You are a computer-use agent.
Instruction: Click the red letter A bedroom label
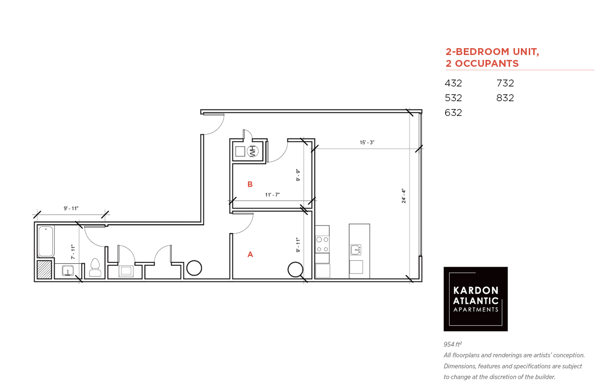tap(250, 254)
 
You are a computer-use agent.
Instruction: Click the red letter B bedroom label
tap(250, 184)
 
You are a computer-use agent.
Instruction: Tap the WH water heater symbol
tap(253, 151)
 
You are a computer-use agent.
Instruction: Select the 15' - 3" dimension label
tap(367, 142)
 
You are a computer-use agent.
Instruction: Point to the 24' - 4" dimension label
tap(404, 196)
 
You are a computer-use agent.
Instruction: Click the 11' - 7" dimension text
tap(272, 195)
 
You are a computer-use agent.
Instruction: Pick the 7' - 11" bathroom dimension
tap(73, 252)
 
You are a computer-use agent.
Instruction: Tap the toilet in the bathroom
tap(95, 267)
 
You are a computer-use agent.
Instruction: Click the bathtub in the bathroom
tap(46, 241)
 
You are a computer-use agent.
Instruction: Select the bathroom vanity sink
tap(68, 271)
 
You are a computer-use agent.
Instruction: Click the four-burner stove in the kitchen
tap(322, 244)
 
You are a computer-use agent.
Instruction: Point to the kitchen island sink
tap(356, 250)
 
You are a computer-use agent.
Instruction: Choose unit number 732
tap(505, 83)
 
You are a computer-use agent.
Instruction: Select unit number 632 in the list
tap(453, 112)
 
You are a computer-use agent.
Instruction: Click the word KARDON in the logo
tap(476, 290)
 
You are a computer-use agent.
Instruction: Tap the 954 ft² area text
tap(453, 344)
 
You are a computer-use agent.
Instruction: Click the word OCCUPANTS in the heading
tap(487, 63)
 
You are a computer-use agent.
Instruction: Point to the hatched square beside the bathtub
tap(44, 270)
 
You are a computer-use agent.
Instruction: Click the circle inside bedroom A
tap(295, 269)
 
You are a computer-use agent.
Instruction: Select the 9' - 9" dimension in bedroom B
tap(298, 175)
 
